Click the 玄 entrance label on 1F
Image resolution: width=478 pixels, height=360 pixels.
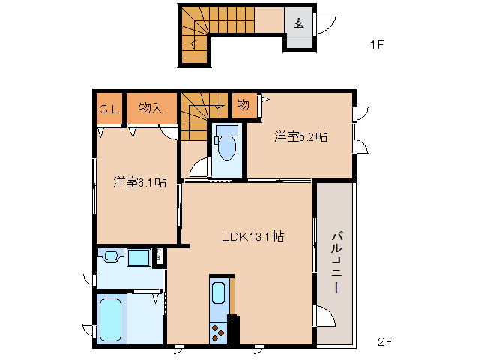click(298, 22)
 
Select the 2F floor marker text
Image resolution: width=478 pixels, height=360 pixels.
click(384, 342)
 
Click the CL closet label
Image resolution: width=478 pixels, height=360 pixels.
click(109, 108)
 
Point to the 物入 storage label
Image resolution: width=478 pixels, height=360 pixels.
click(151, 108)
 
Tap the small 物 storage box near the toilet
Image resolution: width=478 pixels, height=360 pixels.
click(243, 105)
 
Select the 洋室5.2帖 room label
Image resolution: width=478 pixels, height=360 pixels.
click(300, 136)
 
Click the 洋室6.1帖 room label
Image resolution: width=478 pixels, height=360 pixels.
click(139, 181)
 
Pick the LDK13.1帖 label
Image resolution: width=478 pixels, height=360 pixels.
click(252, 236)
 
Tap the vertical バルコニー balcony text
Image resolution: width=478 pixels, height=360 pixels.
click(336, 263)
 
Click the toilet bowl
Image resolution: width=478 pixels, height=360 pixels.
click(225, 145)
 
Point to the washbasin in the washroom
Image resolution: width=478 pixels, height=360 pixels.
click(112, 257)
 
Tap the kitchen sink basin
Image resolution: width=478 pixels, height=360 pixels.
click(218, 292)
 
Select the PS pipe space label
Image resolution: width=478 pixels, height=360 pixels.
click(159, 255)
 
